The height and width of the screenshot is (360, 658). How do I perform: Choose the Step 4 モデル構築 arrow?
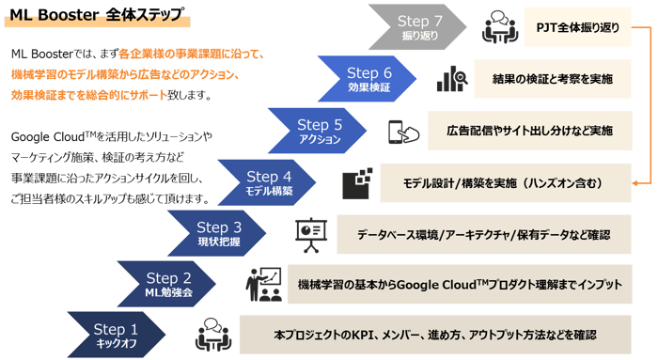tap(269, 181)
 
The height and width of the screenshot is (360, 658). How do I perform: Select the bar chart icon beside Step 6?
tap(447, 79)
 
